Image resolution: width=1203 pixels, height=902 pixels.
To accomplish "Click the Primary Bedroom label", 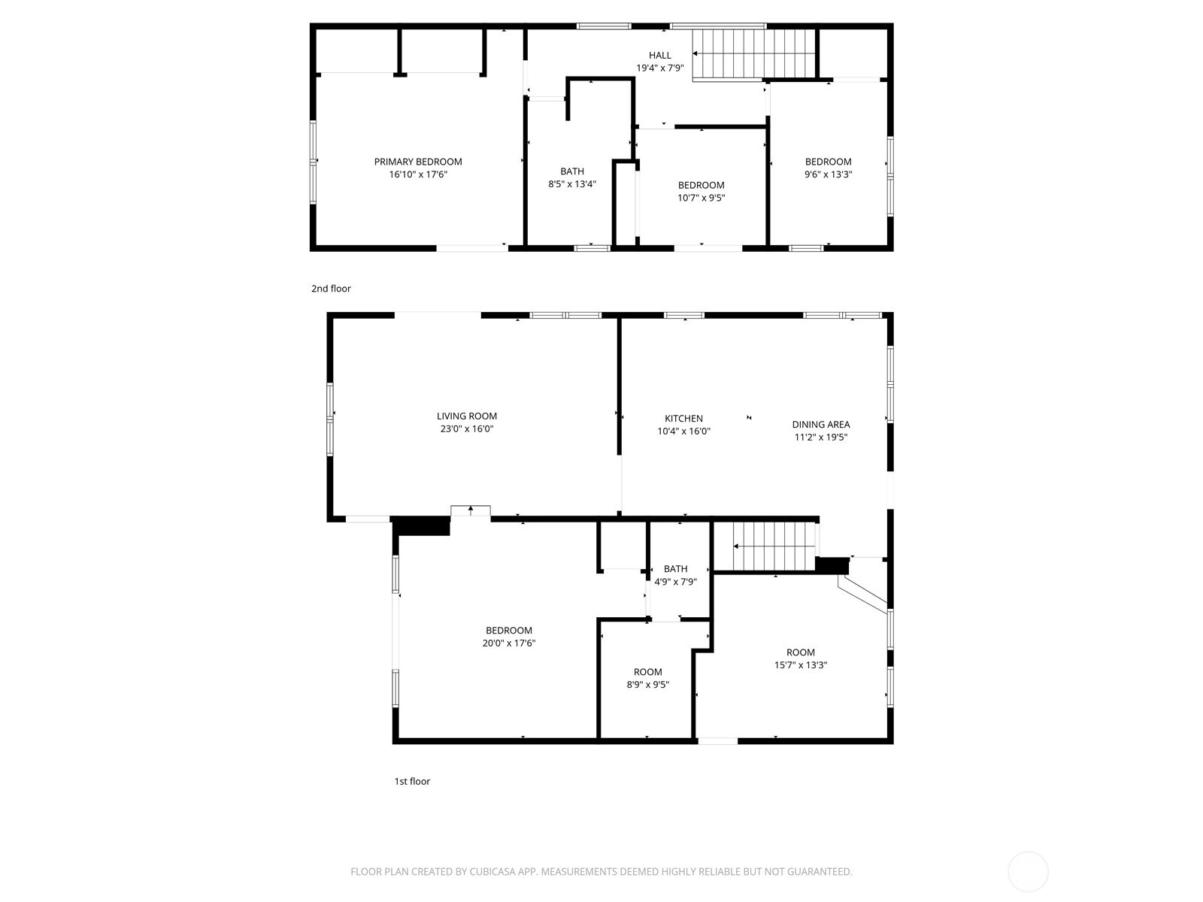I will point(418,162).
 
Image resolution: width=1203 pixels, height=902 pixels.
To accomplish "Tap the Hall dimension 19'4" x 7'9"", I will point(659,68).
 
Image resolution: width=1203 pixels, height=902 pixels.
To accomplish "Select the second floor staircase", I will point(753,53).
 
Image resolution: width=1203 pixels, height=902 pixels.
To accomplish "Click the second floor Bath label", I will point(571,171).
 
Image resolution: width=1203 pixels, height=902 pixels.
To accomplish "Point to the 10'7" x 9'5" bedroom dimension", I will point(701,198).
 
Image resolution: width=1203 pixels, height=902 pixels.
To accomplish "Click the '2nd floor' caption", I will point(331,289).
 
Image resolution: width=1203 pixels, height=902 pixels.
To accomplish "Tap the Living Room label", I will point(466,416).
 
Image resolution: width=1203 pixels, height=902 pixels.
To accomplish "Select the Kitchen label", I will point(683,419).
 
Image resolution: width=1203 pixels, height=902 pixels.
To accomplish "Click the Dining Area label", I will point(820,425).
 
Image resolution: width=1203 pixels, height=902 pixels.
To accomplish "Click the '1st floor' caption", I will point(412,781).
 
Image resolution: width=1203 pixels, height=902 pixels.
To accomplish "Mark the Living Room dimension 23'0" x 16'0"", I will point(466,429).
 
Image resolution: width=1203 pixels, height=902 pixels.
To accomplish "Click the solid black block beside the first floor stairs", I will point(831,565).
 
